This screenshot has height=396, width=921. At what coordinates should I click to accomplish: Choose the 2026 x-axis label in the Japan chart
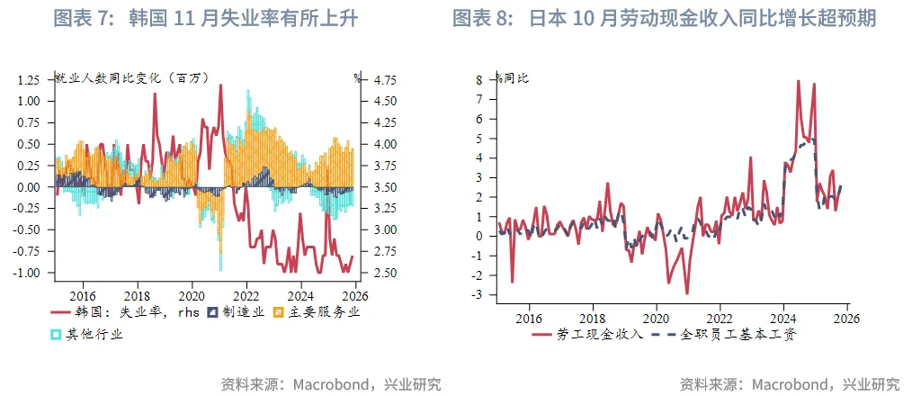(846, 317)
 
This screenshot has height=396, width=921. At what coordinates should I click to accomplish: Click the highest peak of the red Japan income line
(798, 81)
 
